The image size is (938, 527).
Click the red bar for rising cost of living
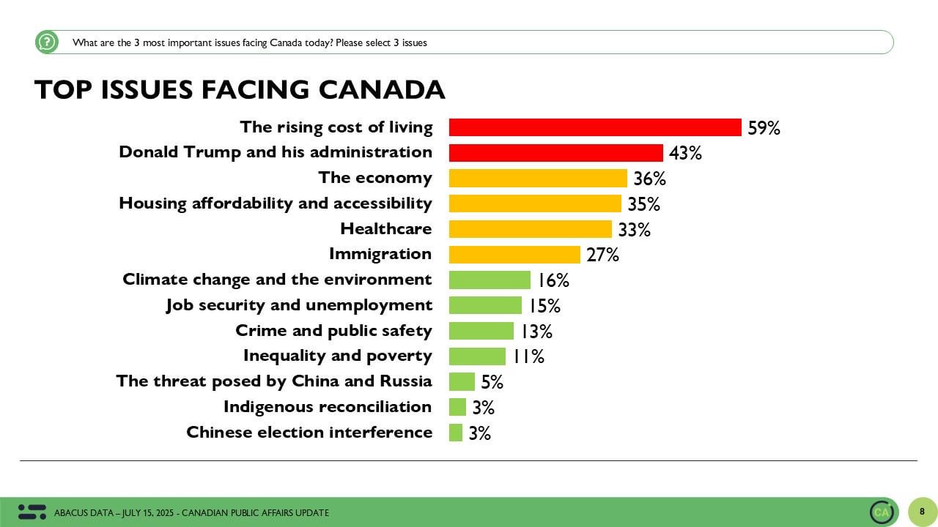[x=595, y=127]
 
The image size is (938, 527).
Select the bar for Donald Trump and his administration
[x=556, y=153]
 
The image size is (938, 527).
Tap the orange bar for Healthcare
[x=531, y=229]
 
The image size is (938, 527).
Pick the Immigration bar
[x=514, y=255]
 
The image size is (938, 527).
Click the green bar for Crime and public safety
[x=481, y=331]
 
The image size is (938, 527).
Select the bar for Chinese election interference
[x=456, y=433]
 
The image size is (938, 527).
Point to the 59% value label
[x=764, y=128]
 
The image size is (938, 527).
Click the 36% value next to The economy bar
[x=649, y=179]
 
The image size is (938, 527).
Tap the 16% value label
[x=553, y=280]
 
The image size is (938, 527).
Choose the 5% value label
[x=492, y=382]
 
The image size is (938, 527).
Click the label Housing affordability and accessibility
[x=275, y=203]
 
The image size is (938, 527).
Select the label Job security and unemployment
[x=299, y=305]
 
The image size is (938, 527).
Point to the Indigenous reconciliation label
[x=328, y=407]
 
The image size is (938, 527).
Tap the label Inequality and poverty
[x=338, y=356]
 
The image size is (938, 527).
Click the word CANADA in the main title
[x=382, y=89]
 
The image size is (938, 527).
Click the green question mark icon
[x=47, y=42]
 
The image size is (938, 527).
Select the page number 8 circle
[x=922, y=512]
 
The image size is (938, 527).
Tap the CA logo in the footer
[x=881, y=512]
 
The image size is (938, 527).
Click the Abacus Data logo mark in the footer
[x=32, y=512]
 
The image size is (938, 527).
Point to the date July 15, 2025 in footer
[x=147, y=513]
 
